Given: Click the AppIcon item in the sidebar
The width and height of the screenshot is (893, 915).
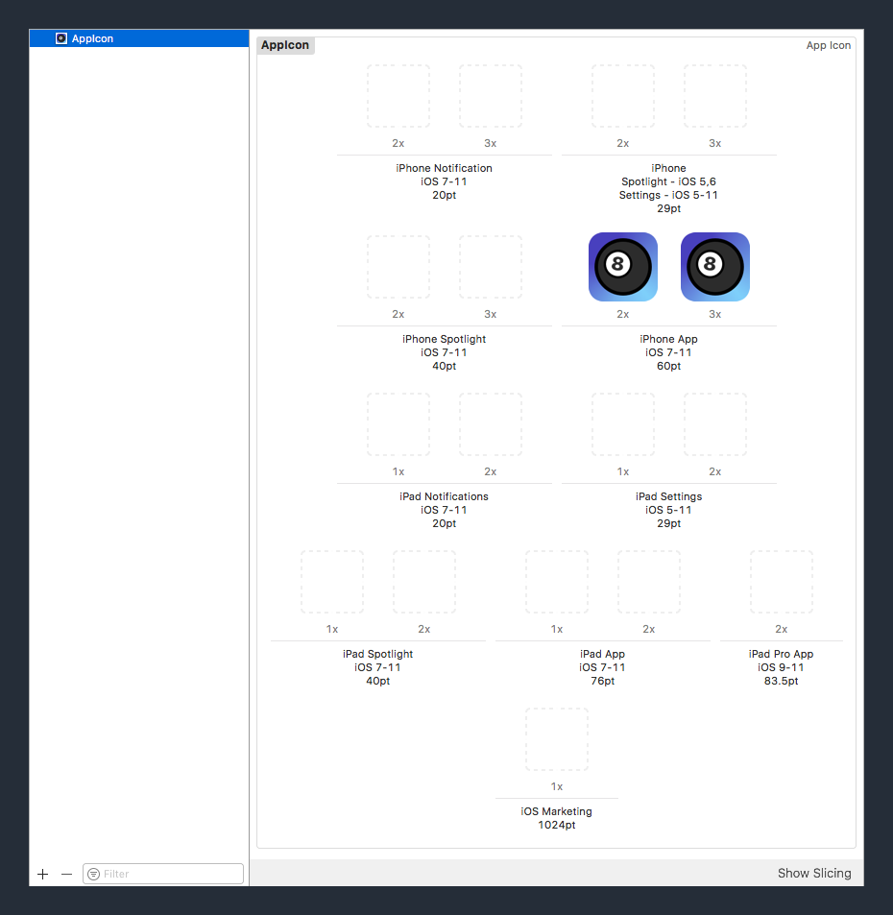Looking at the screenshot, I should [x=92, y=38].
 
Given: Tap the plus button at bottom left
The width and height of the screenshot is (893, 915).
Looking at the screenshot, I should [x=42, y=874].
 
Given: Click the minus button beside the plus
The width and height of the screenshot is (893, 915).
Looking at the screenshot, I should [x=66, y=874].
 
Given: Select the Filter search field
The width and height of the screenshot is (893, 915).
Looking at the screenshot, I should [x=163, y=874].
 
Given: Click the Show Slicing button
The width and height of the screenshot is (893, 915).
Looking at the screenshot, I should [x=813, y=873].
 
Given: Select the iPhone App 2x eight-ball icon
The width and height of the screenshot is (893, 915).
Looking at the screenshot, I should [x=622, y=267].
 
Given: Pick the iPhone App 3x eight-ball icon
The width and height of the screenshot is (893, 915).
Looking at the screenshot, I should [x=714, y=267].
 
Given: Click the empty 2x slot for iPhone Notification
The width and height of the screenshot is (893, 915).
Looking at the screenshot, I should [x=398, y=96].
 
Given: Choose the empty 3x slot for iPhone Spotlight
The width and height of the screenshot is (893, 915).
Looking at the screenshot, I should [x=491, y=267].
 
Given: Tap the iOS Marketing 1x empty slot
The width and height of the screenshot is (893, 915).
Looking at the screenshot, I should [x=557, y=739].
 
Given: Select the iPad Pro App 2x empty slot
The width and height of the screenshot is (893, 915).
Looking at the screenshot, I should [x=781, y=582].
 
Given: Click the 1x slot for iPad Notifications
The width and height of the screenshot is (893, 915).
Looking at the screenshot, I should [x=398, y=424].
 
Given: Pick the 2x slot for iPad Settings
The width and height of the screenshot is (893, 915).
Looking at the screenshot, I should [x=714, y=424].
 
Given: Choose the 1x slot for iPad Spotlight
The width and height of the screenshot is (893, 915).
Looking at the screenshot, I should [x=332, y=582].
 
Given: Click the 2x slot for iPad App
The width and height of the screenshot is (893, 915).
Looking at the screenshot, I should [x=649, y=582].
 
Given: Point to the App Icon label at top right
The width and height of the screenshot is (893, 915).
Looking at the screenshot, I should [x=828, y=45].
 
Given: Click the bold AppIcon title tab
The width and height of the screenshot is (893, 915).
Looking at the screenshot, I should [x=285, y=45].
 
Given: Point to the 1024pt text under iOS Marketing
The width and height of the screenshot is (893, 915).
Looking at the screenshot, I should [x=557, y=825].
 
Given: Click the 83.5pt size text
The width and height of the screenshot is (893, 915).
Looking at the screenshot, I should [x=781, y=681].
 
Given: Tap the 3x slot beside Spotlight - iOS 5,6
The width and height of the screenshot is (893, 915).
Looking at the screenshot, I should [x=714, y=96].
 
